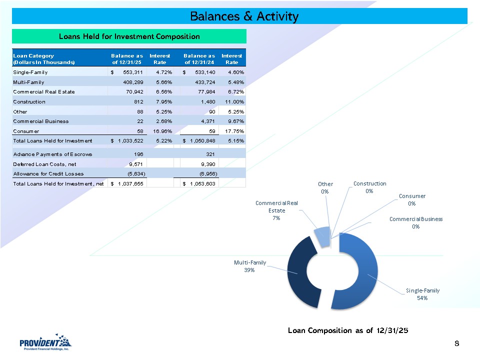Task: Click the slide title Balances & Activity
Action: click(244, 16)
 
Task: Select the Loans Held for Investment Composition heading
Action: click(129, 36)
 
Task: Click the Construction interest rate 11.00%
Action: click(232, 101)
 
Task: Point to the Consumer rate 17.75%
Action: click(232, 130)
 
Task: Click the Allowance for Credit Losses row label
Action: click(48, 173)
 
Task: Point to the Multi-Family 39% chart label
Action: click(250, 266)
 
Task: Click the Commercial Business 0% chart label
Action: click(416, 222)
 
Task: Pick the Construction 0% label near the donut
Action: click(369, 187)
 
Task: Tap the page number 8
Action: click(457, 343)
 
